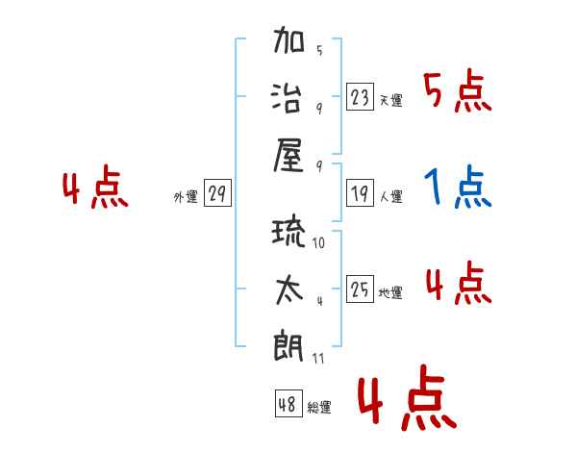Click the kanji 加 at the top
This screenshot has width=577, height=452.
(288, 39)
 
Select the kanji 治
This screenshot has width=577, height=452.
(287, 97)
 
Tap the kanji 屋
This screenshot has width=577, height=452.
(288, 156)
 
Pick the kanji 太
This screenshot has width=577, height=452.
(289, 290)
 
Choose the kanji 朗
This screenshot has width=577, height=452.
(288, 346)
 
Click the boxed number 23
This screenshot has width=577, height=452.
(360, 97)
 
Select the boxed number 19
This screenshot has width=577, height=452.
(360, 193)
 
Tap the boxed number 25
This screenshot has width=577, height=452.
(360, 289)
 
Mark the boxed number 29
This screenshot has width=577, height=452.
(217, 192)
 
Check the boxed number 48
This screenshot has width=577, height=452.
(288, 403)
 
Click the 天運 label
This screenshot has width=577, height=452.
(391, 100)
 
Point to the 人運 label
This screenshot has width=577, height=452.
(391, 196)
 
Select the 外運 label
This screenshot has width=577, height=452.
(186, 196)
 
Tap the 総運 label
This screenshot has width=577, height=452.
(319, 407)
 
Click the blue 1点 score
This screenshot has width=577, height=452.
(458, 187)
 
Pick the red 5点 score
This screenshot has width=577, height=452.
(458, 91)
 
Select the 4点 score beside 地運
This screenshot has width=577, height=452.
(459, 283)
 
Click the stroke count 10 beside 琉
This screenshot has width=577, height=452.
(318, 242)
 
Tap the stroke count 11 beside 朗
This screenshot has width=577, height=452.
(318, 358)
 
